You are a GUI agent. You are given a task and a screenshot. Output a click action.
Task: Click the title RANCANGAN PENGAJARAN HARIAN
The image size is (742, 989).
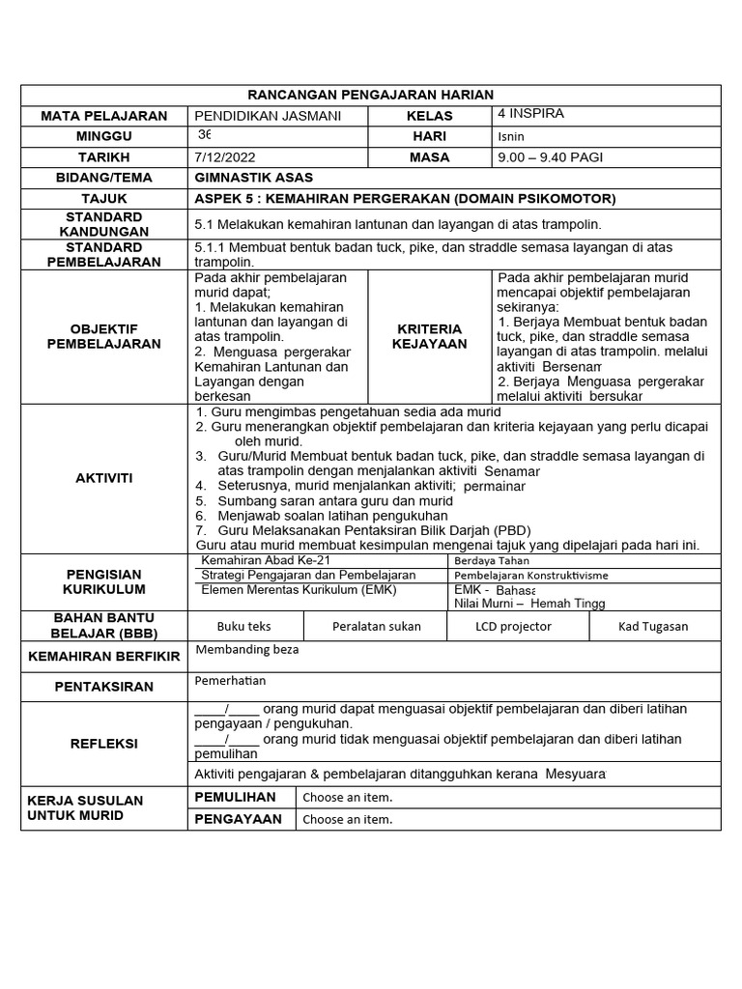(371, 95)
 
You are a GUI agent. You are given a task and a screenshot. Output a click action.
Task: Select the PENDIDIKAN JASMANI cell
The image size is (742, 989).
(254, 116)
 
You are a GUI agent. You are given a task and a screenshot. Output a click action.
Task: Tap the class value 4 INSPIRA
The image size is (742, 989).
(530, 114)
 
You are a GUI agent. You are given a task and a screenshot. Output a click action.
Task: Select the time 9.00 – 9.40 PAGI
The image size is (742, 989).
(550, 156)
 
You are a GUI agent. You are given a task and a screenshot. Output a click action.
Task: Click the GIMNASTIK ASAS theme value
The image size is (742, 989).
(253, 178)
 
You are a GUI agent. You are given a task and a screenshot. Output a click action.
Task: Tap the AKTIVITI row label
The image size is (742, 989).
(105, 479)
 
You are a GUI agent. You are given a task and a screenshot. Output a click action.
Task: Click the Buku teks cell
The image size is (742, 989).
(243, 626)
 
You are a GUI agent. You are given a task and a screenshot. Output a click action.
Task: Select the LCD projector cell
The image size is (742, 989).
(513, 626)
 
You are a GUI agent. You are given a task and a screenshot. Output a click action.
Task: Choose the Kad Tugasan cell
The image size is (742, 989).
(653, 626)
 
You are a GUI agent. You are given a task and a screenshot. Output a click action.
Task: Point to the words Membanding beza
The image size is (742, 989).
(247, 650)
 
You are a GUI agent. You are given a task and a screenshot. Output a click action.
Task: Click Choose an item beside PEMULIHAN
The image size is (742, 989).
(348, 798)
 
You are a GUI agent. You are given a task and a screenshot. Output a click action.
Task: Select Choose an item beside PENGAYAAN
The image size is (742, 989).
(348, 820)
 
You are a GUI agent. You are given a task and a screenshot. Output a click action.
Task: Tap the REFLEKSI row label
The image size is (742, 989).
(105, 744)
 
